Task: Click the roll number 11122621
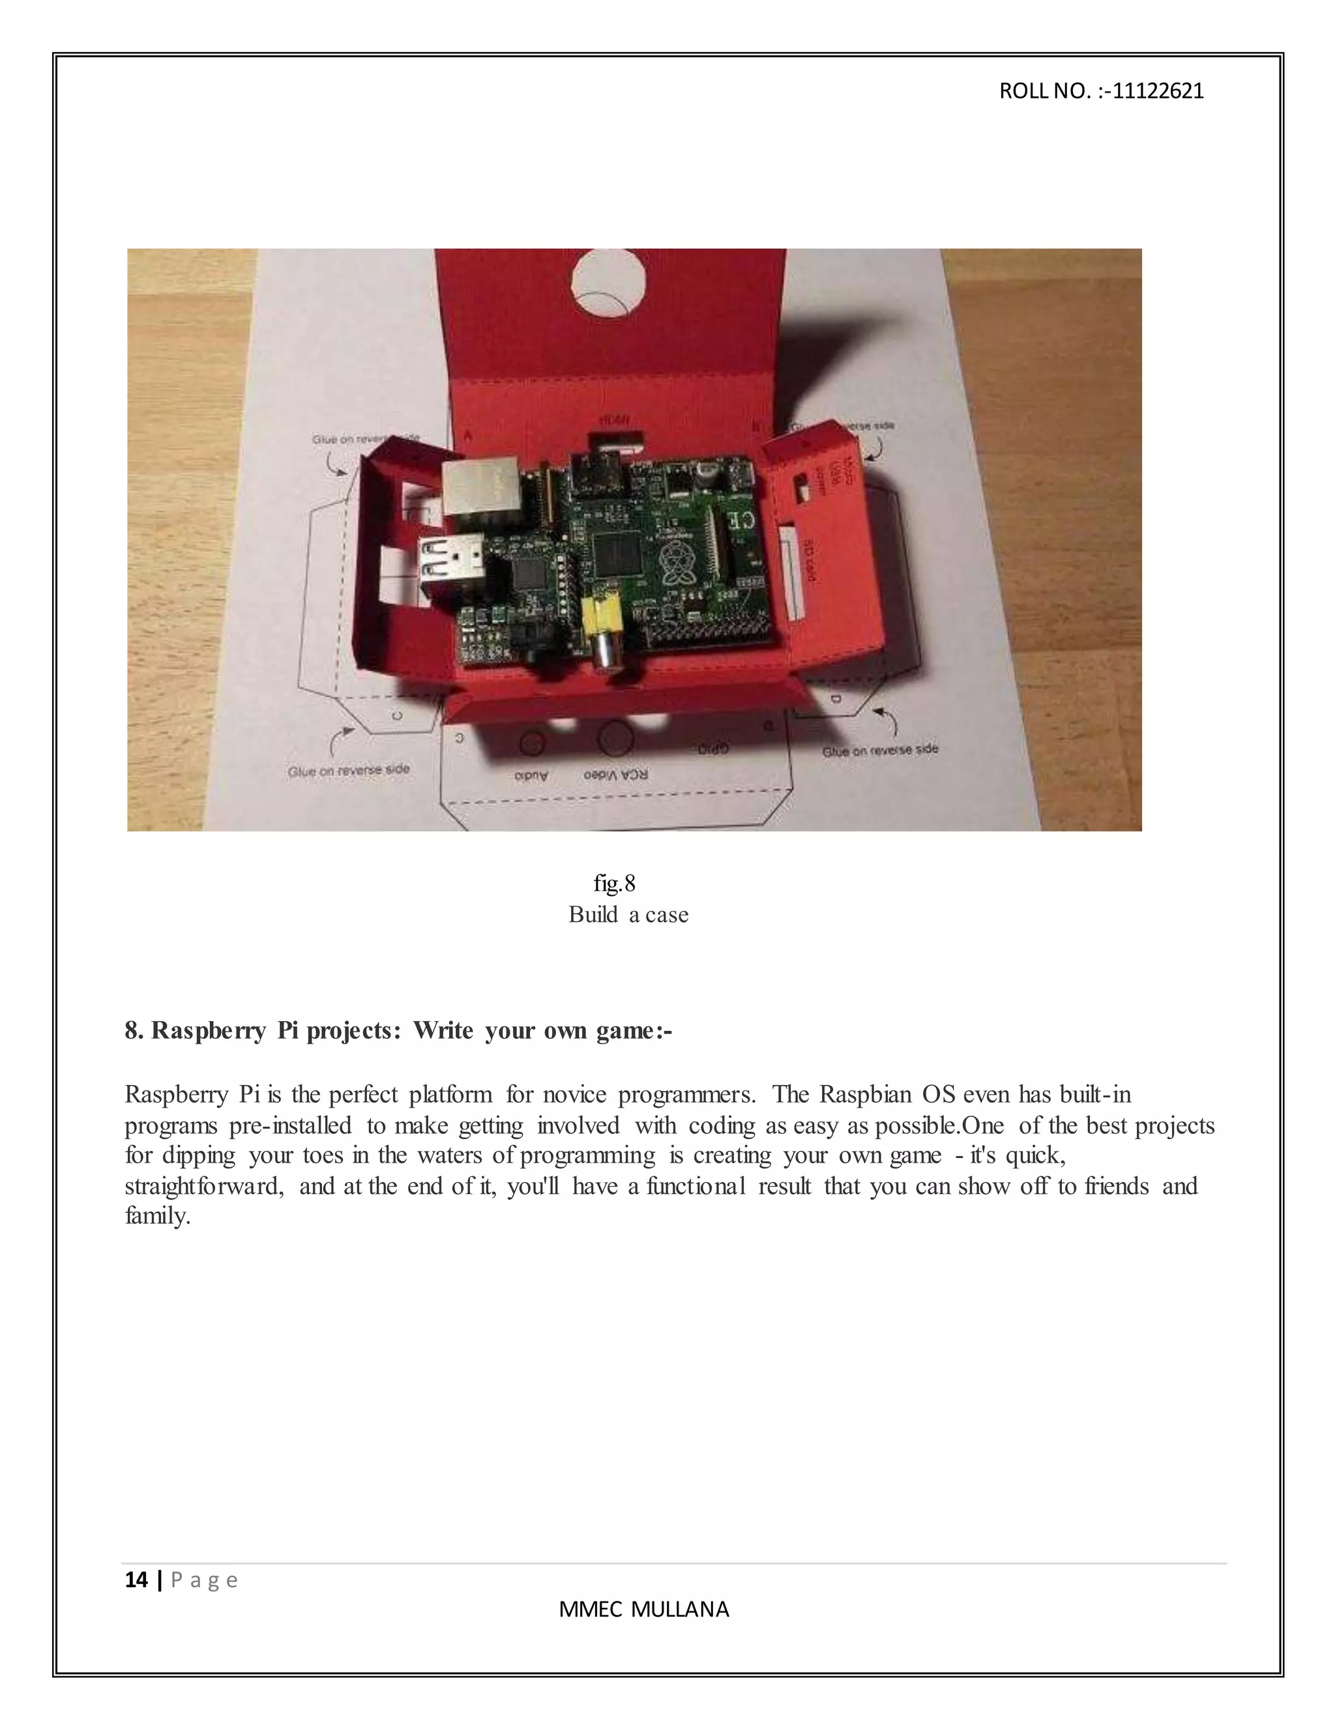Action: pyautogui.click(x=1158, y=91)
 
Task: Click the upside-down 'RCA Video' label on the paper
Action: pyautogui.click(x=615, y=775)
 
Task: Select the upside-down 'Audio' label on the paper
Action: pyautogui.click(x=531, y=776)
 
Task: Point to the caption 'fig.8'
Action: pyautogui.click(x=615, y=883)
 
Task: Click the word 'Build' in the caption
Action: pyautogui.click(x=593, y=915)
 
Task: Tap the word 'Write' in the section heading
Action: pyautogui.click(x=443, y=1030)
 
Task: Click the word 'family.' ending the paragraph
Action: pyautogui.click(x=157, y=1216)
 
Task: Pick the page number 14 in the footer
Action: pyautogui.click(x=136, y=1580)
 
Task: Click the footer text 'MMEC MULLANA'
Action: pyautogui.click(x=644, y=1609)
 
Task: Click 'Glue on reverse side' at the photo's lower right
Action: pyautogui.click(x=879, y=750)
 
